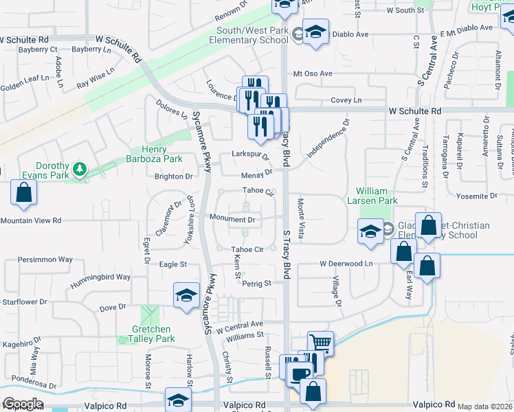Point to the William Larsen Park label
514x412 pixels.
click(377, 196)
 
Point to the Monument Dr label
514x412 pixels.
click(233, 220)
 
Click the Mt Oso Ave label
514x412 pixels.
click(313, 73)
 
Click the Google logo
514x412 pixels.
click(23, 404)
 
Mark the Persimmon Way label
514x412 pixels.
click(45, 260)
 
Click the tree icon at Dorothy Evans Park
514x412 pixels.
click(80, 168)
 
